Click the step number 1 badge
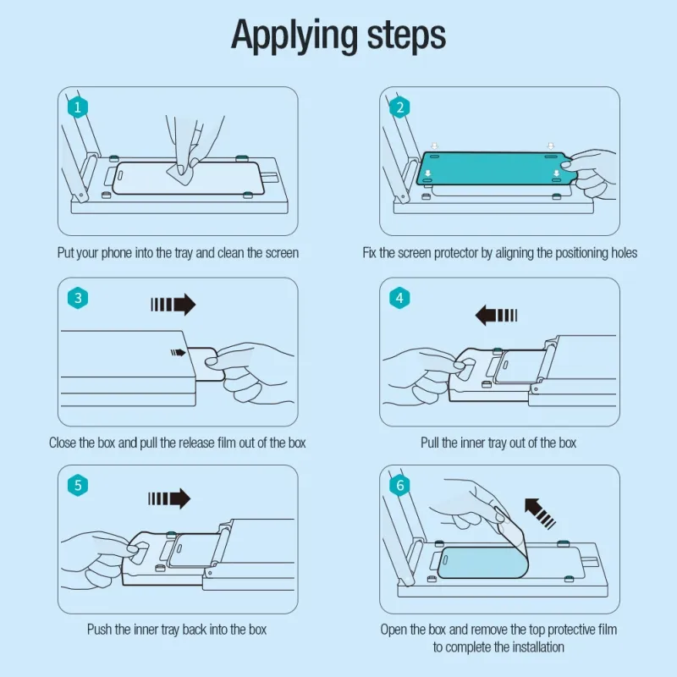pos(78,107)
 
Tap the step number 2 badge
pos(399,107)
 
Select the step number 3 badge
pos(78,298)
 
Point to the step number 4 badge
pos(399,298)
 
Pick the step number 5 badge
pos(78,485)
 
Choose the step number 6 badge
pos(399,485)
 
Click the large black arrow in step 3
pos(173,305)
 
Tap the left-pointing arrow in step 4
pos(496,315)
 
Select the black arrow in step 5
pos(169,498)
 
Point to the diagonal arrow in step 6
pos(540,513)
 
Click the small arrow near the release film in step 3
pos(178,353)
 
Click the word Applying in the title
pos(294,36)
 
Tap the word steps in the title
pos(406,36)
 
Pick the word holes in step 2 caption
pos(624,252)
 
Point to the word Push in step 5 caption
pos(100,630)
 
